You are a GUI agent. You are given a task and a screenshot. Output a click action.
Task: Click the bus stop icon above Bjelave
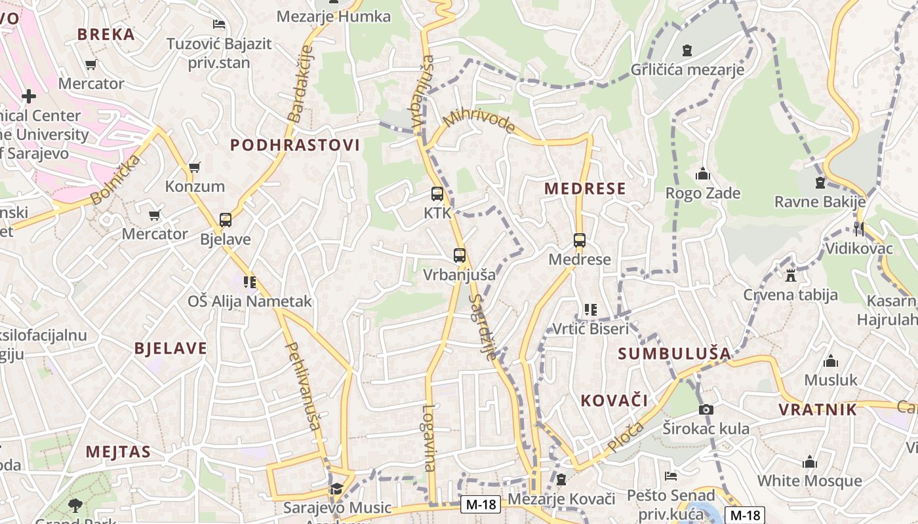[226, 220]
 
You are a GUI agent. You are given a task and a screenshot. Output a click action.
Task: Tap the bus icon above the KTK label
[437, 194]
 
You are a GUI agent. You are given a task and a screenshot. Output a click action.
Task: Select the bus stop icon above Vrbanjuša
[460, 255]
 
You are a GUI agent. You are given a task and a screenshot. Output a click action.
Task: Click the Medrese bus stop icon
[580, 240]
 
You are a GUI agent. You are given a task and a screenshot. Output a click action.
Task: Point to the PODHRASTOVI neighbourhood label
[295, 145]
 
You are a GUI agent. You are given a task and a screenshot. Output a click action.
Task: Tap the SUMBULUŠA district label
[674, 354]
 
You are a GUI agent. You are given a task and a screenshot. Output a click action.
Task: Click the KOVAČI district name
[614, 400]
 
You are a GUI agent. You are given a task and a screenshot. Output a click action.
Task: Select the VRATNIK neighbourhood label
[818, 410]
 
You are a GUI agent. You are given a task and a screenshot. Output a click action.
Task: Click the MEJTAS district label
[118, 451]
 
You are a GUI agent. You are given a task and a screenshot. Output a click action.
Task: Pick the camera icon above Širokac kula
[706, 410]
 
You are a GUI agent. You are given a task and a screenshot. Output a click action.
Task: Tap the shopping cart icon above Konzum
[195, 168]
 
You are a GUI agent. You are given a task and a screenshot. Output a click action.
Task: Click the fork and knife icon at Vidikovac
[859, 229]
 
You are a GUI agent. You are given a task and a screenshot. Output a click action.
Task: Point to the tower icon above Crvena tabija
[791, 275]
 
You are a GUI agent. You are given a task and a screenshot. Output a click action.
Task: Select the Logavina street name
[429, 438]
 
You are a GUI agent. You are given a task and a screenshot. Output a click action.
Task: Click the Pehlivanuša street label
[302, 386]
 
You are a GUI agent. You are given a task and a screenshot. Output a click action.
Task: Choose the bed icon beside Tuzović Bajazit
[219, 25]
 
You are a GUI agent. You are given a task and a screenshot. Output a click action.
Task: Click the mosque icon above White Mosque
[810, 462]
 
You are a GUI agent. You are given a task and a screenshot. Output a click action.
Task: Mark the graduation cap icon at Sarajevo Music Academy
[336, 489]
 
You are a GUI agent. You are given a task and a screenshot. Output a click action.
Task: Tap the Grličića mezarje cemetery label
[687, 69]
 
